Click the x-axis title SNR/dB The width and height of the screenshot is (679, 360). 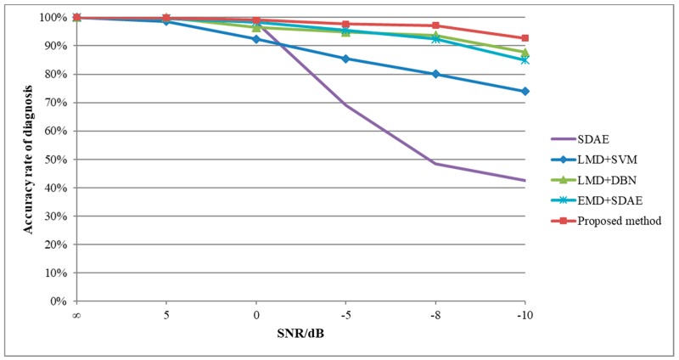pos(300,332)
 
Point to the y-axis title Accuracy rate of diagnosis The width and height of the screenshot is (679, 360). pos(28,157)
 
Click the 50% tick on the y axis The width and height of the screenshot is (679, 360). pos(57,160)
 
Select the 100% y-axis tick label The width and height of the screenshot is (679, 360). pos(54,18)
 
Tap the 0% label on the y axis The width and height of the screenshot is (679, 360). pos(59,301)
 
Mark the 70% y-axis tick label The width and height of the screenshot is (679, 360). pos(57,103)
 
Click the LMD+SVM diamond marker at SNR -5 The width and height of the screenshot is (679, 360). pos(345,59)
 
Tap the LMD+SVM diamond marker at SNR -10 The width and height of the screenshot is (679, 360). pos(525,92)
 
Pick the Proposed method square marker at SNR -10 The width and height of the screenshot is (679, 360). pos(525,38)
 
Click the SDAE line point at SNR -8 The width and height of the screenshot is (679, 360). pos(435,163)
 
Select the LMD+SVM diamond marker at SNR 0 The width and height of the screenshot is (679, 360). pos(255,39)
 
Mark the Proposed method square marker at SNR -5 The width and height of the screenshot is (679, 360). pos(345,24)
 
